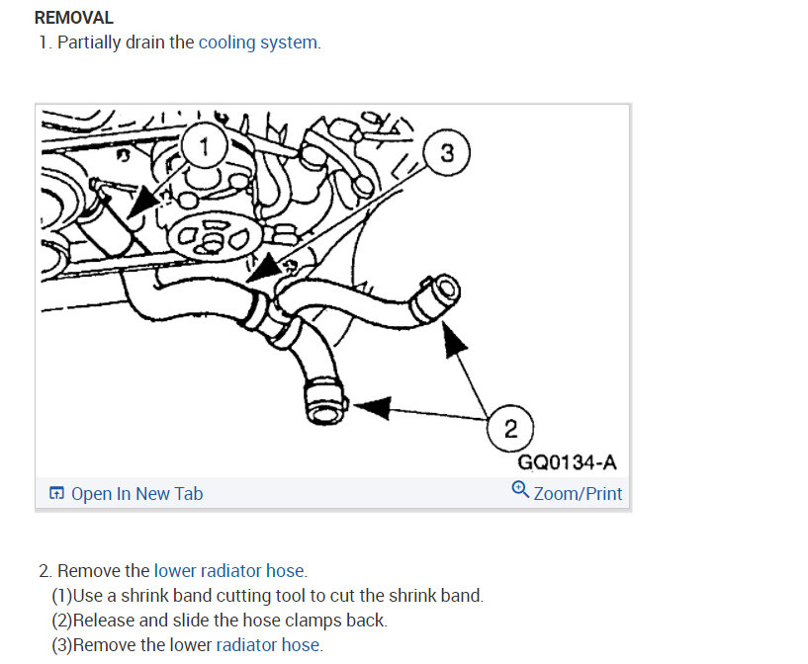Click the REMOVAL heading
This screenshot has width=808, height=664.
click(x=74, y=18)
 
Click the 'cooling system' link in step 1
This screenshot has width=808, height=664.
click(x=259, y=42)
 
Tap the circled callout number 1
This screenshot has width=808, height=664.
click(x=204, y=148)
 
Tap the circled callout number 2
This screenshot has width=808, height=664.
click(x=510, y=428)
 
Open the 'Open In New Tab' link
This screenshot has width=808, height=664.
click(x=136, y=494)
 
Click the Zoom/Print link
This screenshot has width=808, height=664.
click(x=578, y=493)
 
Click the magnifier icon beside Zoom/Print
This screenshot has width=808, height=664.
click(x=520, y=489)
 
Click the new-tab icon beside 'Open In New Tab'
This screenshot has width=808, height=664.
click(x=56, y=494)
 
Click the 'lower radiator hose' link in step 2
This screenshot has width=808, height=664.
click(x=229, y=571)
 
